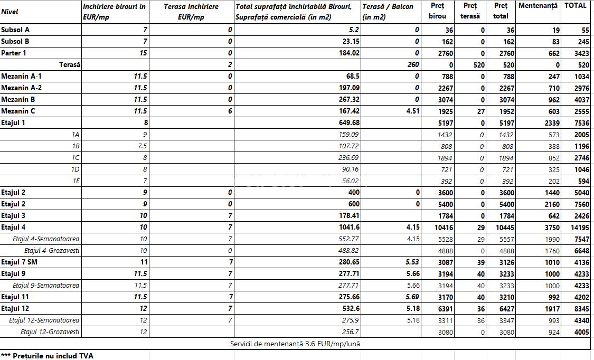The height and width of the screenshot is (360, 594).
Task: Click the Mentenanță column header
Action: (x=538, y=6)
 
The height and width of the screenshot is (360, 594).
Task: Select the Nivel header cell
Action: (x=10, y=12)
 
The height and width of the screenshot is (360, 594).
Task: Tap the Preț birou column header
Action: (x=437, y=11)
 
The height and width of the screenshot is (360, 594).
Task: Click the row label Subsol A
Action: (x=15, y=30)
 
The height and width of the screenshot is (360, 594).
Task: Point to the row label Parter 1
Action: (x=14, y=53)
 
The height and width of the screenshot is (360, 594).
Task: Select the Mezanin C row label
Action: (x=17, y=111)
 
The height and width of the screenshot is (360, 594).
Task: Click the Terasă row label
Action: (x=69, y=65)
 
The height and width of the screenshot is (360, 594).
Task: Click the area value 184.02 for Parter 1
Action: (x=349, y=53)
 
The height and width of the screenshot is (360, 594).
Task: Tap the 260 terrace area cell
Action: (x=413, y=65)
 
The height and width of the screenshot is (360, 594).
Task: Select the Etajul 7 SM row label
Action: (x=19, y=262)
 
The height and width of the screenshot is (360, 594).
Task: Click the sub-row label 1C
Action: (x=76, y=158)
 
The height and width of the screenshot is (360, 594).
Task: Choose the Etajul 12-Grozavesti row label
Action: (x=50, y=332)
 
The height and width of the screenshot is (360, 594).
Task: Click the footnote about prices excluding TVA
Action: (x=47, y=356)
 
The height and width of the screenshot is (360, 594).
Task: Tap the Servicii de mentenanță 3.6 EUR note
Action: (x=295, y=344)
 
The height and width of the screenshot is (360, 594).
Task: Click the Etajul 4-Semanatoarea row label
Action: (x=46, y=239)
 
